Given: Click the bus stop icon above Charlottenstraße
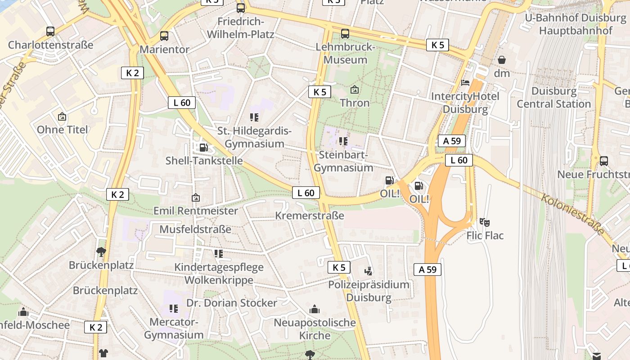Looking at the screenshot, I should coord(50,31).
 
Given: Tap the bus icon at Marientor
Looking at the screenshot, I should coord(164,36).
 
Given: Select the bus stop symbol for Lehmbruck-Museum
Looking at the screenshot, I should coord(345,34).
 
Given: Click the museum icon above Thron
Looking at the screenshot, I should coord(355,90).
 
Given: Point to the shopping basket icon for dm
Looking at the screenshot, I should coord(502,60).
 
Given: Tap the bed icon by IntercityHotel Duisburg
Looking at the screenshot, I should coord(465,83).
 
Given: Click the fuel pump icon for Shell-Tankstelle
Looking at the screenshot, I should coord(204,147).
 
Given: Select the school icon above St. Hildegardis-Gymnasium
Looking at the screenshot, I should coord(254,117).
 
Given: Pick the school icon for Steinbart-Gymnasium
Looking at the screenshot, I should coord(343,141).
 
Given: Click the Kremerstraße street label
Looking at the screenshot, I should coord(310,216).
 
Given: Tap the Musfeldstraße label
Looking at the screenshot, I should coord(195,229).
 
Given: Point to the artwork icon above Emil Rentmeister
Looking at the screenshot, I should coord(196,198).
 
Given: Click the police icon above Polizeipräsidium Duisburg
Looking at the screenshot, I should coord(369,271).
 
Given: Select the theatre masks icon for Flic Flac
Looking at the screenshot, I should coord(485,222).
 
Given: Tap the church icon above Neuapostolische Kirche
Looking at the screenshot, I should coord(315,309).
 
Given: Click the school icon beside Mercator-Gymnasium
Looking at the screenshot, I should coord(173,309).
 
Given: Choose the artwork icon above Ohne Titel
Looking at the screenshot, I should coord(62,117).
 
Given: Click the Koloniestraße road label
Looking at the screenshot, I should coord(572,214).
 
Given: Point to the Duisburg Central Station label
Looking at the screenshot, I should coord(553,97).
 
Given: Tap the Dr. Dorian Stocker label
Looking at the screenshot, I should coord(232,303).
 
